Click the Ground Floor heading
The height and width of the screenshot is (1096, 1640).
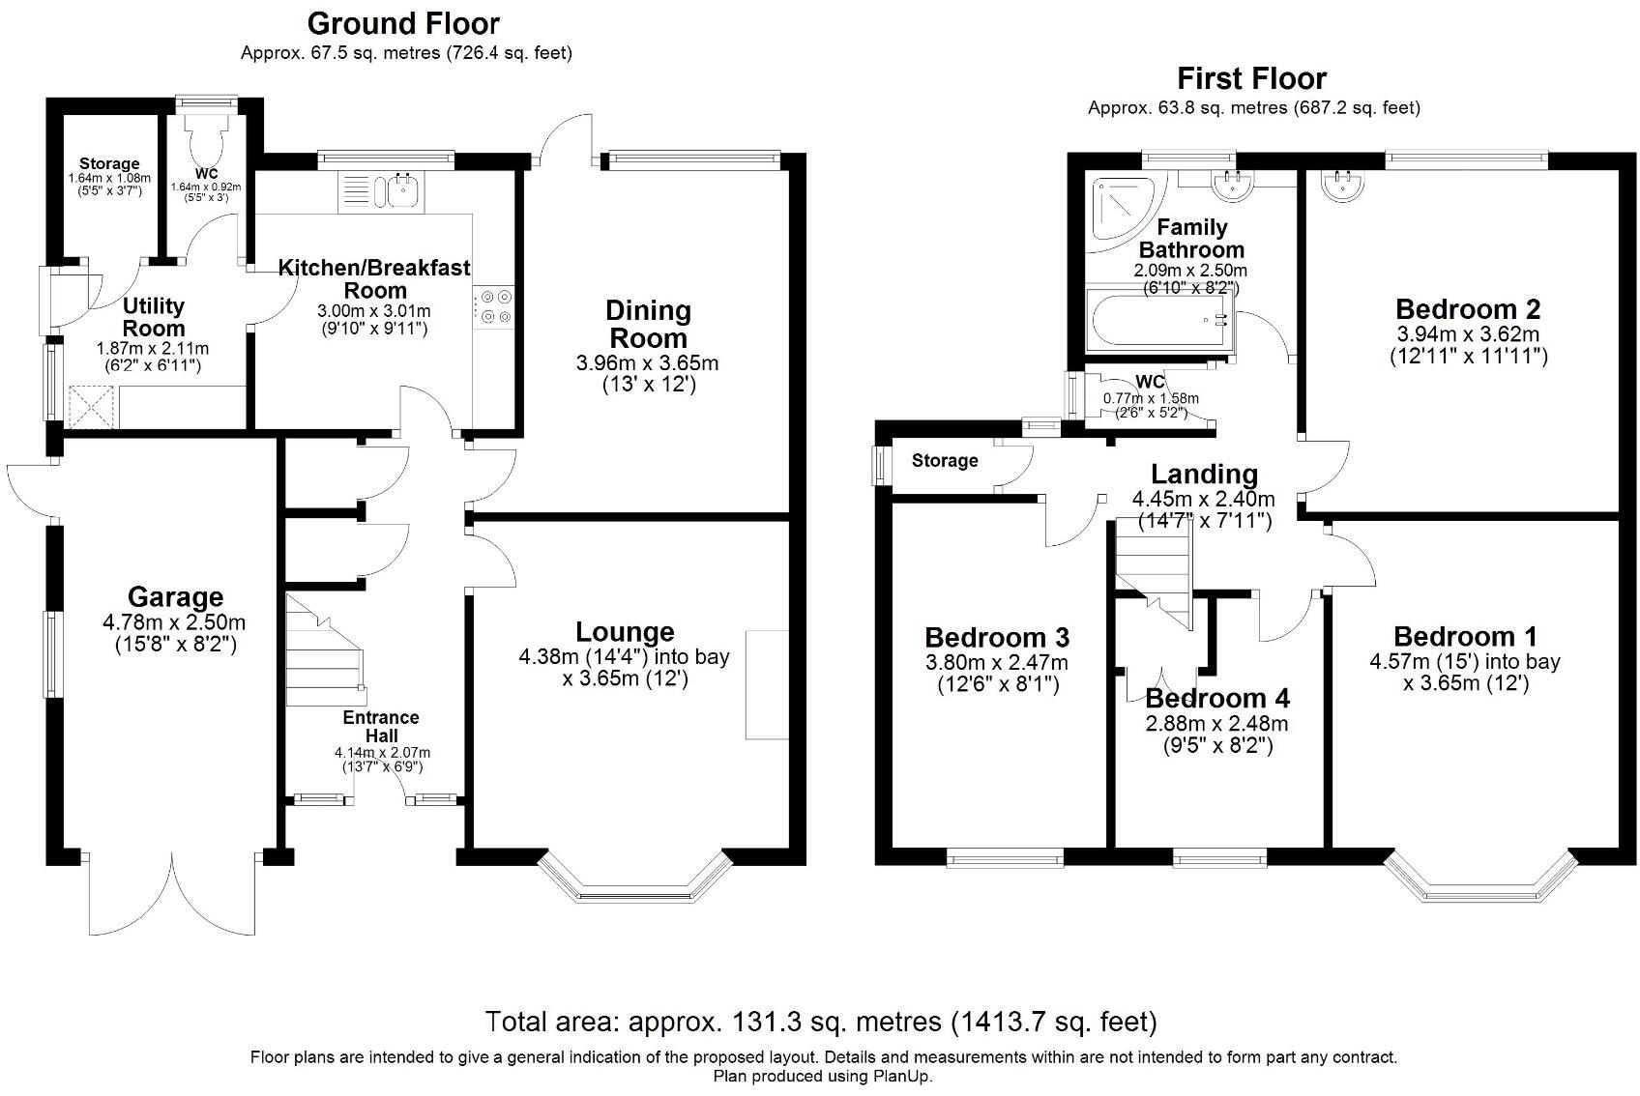pyautogui.click(x=403, y=23)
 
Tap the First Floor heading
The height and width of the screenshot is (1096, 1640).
pyautogui.click(x=1252, y=78)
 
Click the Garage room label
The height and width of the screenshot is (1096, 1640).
pyautogui.click(x=175, y=597)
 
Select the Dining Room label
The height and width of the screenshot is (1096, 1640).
pyautogui.click(x=648, y=324)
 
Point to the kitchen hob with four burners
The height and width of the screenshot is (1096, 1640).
pyautogui.click(x=494, y=305)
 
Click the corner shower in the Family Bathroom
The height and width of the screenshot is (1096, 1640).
pyautogui.click(x=1123, y=211)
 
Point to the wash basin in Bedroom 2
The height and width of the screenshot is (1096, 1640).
pyautogui.click(x=1342, y=186)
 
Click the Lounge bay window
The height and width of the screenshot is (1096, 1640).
pyautogui.click(x=634, y=878)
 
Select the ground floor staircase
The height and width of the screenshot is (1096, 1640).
pyautogui.click(x=325, y=651)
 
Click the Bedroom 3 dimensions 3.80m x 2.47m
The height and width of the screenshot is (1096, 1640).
pyautogui.click(x=996, y=663)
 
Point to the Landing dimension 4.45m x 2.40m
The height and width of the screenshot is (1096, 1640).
pyautogui.click(x=1203, y=499)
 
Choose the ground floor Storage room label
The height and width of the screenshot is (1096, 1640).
pyautogui.click(x=109, y=164)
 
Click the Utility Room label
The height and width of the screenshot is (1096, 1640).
pyautogui.click(x=153, y=317)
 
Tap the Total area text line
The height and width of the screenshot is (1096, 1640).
pyautogui.click(x=821, y=1022)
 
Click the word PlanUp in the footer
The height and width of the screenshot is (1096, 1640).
pyautogui.click(x=901, y=1077)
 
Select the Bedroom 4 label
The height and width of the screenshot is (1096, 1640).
pyautogui.click(x=1216, y=698)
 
